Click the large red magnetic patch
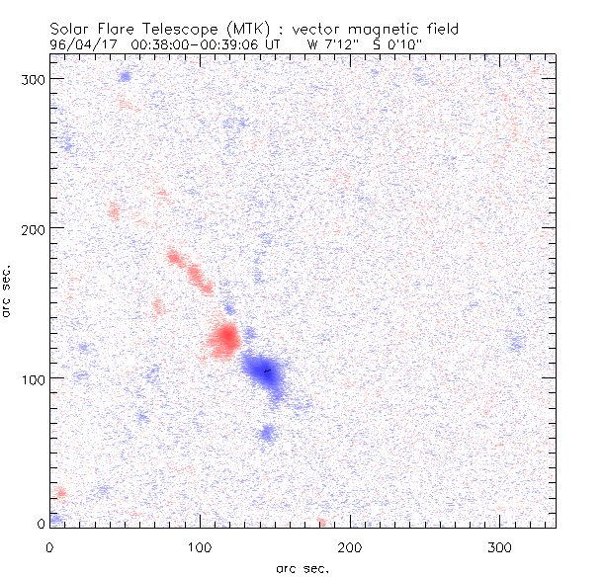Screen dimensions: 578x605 click(224, 339)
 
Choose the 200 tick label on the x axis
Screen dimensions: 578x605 click(350, 545)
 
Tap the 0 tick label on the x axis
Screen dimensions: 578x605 click(49, 545)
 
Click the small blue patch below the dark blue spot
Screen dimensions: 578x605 click(267, 433)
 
